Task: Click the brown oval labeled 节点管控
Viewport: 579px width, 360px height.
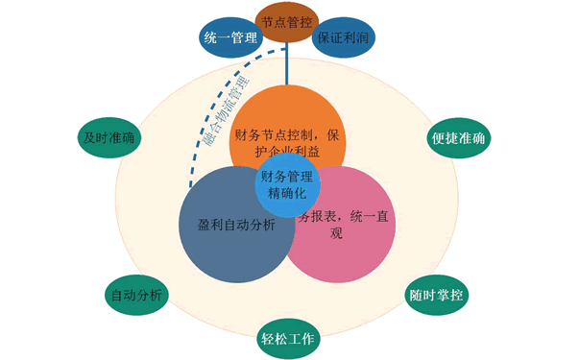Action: (x=286, y=21)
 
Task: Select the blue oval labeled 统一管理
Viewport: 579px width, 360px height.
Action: (x=231, y=38)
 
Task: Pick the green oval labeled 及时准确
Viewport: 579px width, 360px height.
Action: (x=108, y=137)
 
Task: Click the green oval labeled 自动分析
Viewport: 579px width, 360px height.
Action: (x=135, y=294)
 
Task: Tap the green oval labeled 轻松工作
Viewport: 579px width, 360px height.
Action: (x=286, y=338)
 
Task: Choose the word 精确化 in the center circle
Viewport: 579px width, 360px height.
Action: (x=286, y=193)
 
